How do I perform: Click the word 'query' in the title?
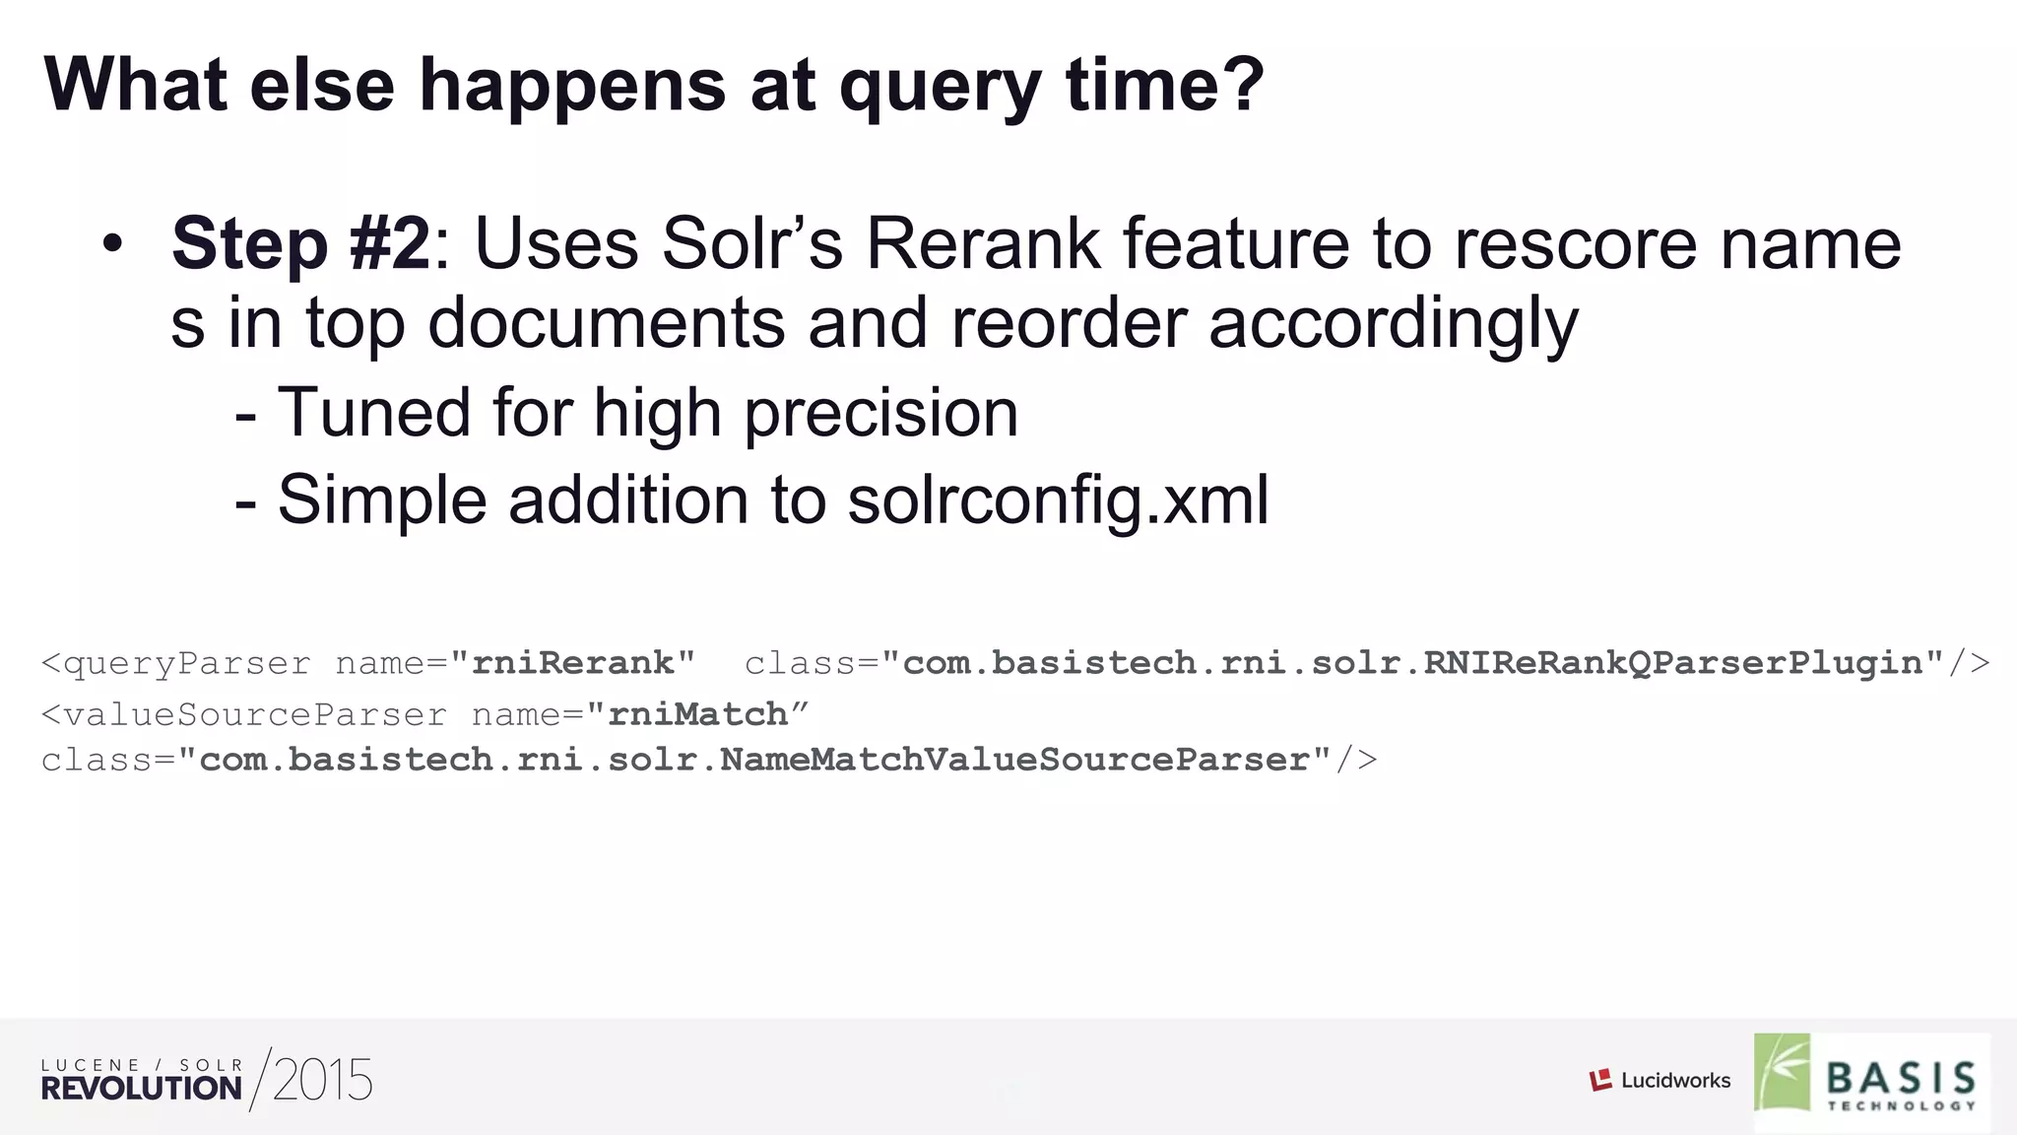coord(940,87)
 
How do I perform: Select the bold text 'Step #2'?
coord(300,243)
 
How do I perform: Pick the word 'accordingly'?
coord(1393,324)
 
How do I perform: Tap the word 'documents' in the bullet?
coord(606,324)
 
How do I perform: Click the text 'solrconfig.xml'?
coord(1058,500)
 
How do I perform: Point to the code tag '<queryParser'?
coord(176,663)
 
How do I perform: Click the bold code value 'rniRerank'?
coord(572,662)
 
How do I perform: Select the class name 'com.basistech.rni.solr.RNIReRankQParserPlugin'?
coord(1412,663)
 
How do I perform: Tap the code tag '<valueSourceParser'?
coord(243,714)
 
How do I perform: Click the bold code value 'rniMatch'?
coord(697,713)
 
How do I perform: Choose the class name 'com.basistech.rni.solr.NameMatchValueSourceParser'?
coord(755,760)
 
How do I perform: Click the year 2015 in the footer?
coord(322,1081)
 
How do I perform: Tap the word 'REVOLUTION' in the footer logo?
coord(141,1089)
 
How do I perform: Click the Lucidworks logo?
coord(1659,1081)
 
